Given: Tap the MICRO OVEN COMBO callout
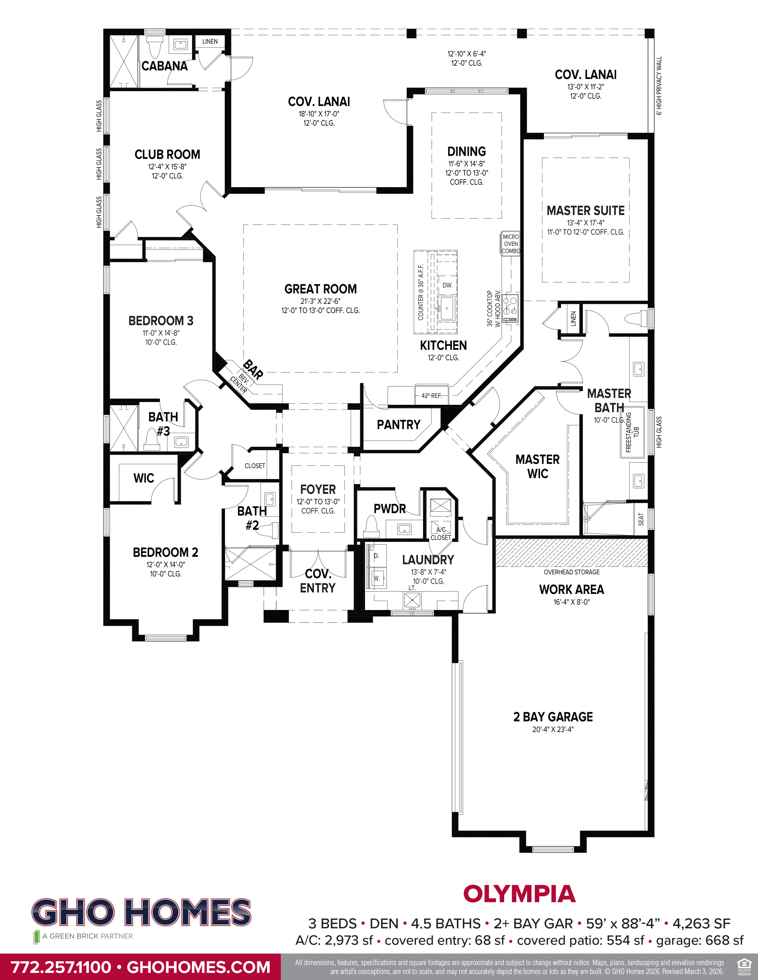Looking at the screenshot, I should (x=511, y=244).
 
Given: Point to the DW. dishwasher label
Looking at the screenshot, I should (x=447, y=285).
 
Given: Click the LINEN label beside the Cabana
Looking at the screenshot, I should (x=210, y=41).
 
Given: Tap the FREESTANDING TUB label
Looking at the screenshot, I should (x=632, y=432).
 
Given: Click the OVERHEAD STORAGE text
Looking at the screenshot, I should (x=571, y=572).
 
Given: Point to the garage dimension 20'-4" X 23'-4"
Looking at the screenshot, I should (x=553, y=729).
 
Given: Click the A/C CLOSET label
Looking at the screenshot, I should (x=441, y=534).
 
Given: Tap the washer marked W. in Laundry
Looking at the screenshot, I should (x=376, y=578).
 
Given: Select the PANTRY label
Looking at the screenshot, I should (x=398, y=424).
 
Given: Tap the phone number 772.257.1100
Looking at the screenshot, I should (x=61, y=967).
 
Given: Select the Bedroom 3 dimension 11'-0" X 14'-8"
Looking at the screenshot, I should (x=161, y=333).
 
